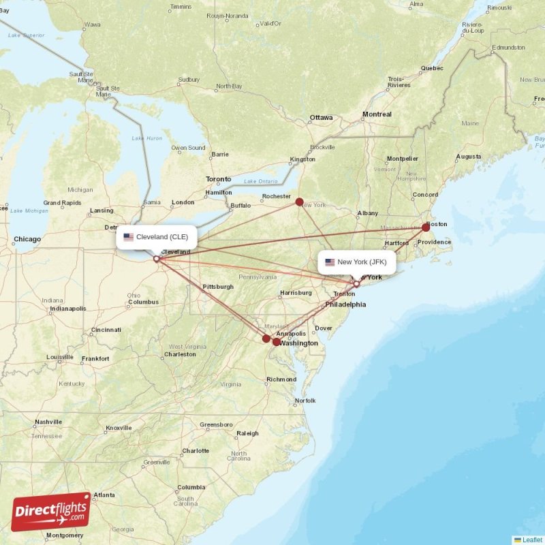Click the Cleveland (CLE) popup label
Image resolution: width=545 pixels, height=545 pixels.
157,237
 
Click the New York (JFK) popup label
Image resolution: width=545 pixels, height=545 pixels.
356,262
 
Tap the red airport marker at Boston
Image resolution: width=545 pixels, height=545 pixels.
426,228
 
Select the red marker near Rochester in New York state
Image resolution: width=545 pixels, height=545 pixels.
299,202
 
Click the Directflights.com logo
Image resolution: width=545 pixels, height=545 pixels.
51,512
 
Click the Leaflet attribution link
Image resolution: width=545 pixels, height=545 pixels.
532,540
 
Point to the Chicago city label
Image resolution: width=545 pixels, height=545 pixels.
27,239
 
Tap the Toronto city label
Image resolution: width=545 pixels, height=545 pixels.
219,179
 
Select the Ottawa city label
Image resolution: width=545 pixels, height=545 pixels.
321,117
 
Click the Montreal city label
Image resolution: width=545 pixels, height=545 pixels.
377,114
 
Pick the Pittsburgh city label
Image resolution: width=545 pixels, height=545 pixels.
218,287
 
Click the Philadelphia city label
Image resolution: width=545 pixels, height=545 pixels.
345,304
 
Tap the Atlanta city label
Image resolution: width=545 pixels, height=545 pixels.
104,495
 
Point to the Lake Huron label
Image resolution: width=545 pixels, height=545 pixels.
147,138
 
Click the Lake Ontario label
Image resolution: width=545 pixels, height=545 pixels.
261,181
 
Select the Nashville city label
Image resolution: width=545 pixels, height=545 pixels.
48,422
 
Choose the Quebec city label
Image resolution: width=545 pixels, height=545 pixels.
432,68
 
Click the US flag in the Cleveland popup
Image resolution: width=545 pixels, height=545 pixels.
128,237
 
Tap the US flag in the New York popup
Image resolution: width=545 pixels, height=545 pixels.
330,262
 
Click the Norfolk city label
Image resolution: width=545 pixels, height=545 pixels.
305,401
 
